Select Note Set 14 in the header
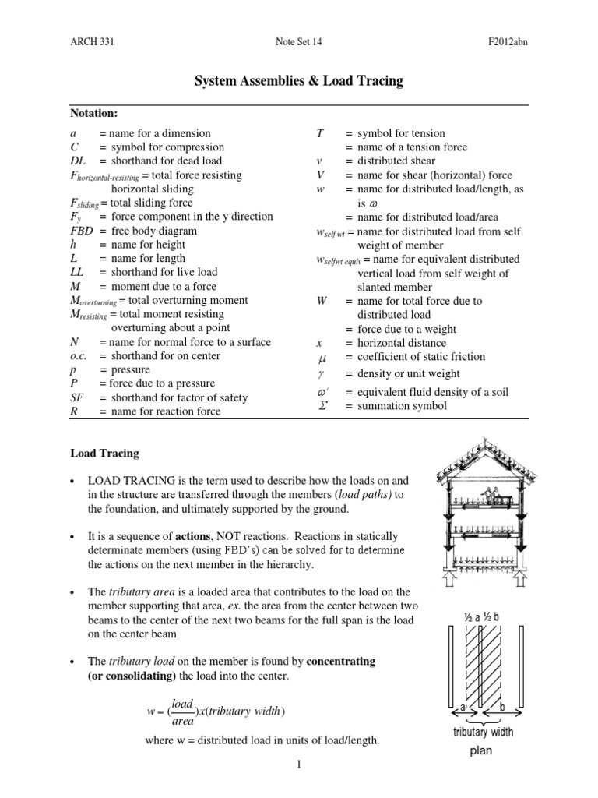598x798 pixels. pos(299,42)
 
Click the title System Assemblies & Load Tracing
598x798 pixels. pos(299,81)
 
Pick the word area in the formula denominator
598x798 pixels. pos(181,722)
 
